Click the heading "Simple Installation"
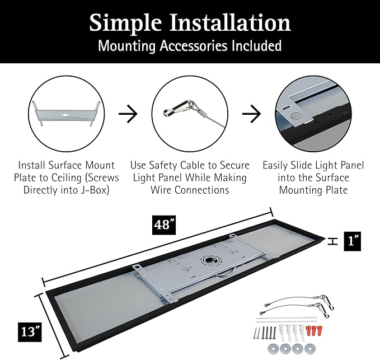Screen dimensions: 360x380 click(190, 23)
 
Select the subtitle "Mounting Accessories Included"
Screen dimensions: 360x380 click(190, 46)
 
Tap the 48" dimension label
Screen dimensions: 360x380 click(164, 225)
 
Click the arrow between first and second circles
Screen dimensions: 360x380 click(129, 115)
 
